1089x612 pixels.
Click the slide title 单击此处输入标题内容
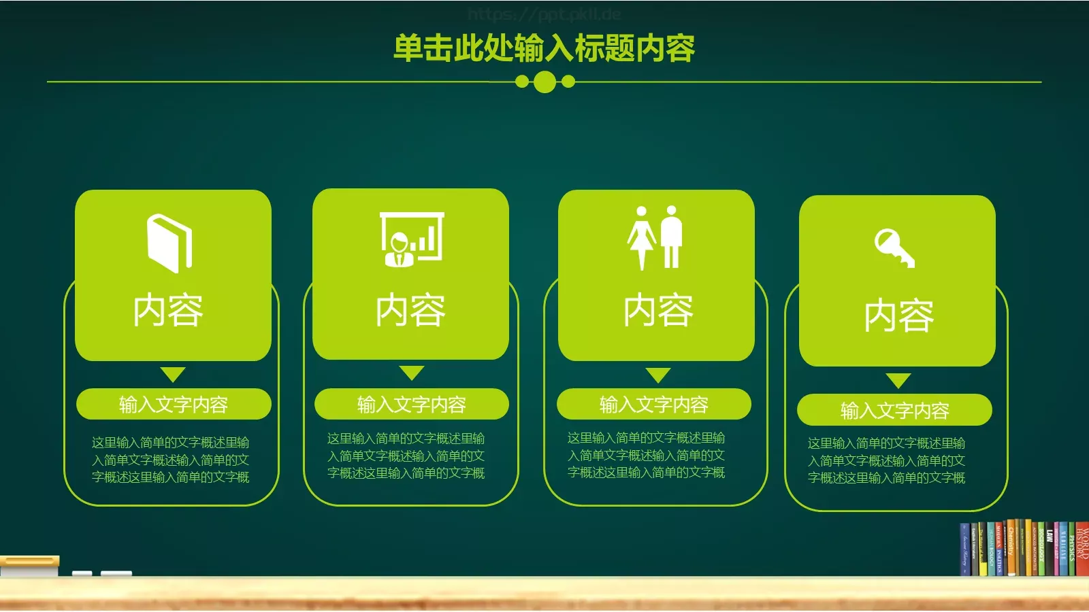tap(544, 48)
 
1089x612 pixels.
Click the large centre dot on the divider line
tap(544, 82)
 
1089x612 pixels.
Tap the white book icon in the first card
tap(169, 243)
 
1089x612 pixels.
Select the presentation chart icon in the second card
tap(412, 239)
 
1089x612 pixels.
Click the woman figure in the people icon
tap(641, 237)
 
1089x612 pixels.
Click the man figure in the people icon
tap(672, 236)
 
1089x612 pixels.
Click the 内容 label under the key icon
tap(898, 316)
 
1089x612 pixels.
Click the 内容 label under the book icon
tap(168, 310)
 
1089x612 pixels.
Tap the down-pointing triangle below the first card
tap(173, 375)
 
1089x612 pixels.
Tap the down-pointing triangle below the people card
tap(658, 375)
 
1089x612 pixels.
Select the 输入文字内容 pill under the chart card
tap(411, 405)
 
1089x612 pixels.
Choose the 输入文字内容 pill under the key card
tap(894, 410)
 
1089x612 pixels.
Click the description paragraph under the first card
tap(171, 460)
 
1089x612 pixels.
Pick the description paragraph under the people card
tap(646, 455)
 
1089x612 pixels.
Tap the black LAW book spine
tap(1050, 551)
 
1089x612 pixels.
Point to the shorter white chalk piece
tap(82, 574)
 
